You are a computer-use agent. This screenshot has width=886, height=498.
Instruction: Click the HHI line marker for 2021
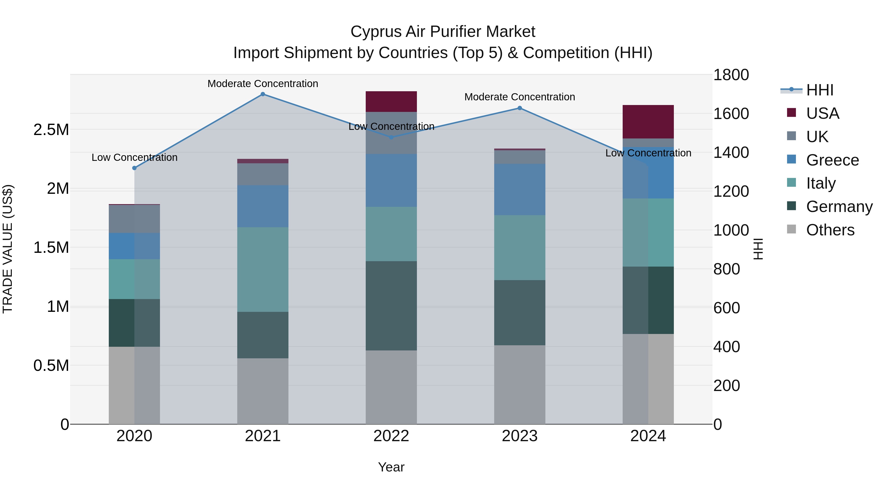[263, 94]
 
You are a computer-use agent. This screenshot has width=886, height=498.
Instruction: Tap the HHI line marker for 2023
[520, 108]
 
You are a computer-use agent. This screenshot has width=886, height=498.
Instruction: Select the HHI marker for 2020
[134, 168]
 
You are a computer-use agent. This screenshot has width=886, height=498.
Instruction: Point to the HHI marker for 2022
[391, 137]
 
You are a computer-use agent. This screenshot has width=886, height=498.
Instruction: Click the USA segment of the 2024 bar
[648, 122]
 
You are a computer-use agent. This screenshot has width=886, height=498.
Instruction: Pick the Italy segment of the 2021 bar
[263, 270]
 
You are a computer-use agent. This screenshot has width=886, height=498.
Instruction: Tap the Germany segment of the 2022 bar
[391, 306]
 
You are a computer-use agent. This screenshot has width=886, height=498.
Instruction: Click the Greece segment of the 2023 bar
[520, 190]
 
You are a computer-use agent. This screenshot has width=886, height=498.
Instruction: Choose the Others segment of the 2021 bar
[263, 391]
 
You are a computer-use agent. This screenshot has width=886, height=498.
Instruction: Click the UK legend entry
[817, 137]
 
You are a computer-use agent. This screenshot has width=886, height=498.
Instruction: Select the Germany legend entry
[839, 207]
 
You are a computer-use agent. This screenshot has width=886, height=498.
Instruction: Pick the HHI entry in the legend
[820, 90]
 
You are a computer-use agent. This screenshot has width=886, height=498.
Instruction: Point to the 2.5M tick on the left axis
[51, 130]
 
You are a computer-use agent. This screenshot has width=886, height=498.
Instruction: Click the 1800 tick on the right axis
[731, 75]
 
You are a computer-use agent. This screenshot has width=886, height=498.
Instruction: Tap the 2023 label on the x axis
[520, 436]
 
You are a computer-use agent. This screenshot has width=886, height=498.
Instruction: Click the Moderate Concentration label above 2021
[263, 84]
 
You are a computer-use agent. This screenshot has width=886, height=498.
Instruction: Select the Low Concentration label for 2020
[134, 157]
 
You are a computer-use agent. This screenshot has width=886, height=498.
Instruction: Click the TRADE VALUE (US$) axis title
[8, 249]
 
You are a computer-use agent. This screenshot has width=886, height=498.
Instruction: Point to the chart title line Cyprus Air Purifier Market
[443, 32]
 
